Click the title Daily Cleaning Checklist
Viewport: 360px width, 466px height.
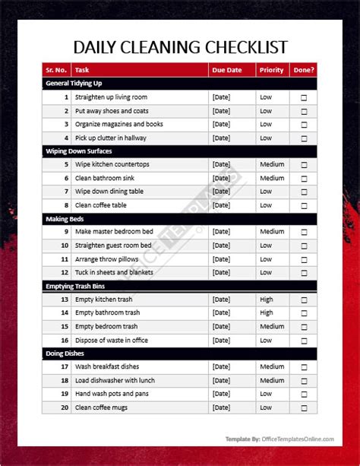click(x=179, y=47)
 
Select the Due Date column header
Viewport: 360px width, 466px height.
click(x=228, y=70)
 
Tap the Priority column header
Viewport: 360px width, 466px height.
click(x=271, y=70)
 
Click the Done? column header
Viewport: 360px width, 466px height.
click(x=304, y=70)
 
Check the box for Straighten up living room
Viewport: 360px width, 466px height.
click(x=305, y=97)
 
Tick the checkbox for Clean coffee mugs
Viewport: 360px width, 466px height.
click(x=305, y=407)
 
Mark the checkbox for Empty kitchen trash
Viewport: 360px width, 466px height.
click(x=305, y=300)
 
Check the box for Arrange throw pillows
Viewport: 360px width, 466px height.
click(x=305, y=259)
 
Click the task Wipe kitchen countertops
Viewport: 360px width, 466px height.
click(x=112, y=164)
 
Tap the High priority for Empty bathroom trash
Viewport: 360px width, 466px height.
click(x=267, y=313)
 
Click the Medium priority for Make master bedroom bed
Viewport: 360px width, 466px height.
click(x=272, y=232)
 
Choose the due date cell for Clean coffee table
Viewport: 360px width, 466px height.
click(x=221, y=205)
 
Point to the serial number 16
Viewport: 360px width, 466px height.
click(x=65, y=340)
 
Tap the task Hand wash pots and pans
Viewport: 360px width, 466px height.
click(x=112, y=394)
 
